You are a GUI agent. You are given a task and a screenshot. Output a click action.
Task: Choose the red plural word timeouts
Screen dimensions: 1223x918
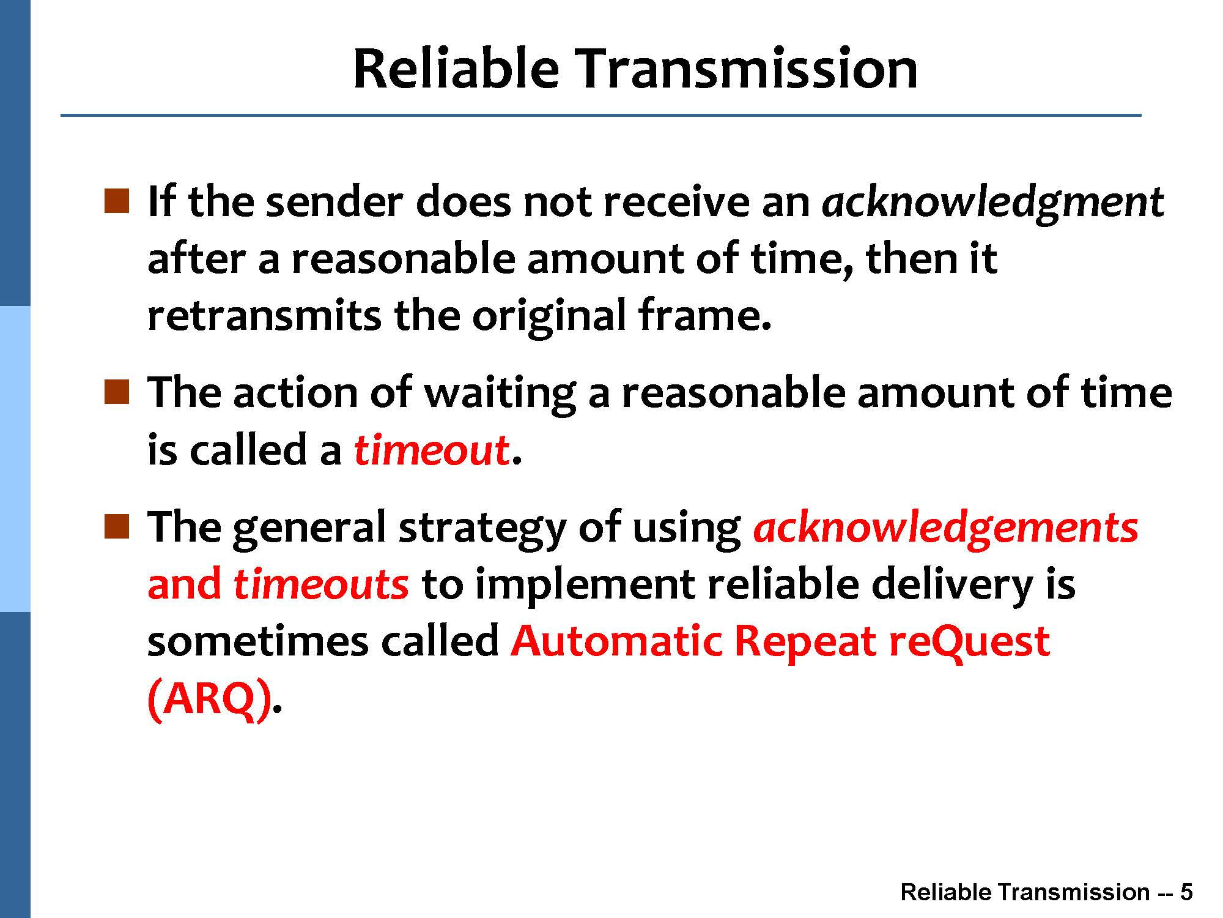321,583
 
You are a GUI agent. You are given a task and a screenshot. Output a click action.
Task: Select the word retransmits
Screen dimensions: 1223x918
264,315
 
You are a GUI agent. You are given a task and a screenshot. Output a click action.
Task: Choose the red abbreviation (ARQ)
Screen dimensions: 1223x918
210,699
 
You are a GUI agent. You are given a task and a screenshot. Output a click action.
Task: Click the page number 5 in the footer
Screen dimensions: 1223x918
1186,892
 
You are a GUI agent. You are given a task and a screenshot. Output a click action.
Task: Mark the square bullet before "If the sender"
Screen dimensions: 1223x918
116,201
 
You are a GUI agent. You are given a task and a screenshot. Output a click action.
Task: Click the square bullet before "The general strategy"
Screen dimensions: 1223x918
116,526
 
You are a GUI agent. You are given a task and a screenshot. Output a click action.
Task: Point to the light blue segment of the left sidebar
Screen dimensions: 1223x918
15,459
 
